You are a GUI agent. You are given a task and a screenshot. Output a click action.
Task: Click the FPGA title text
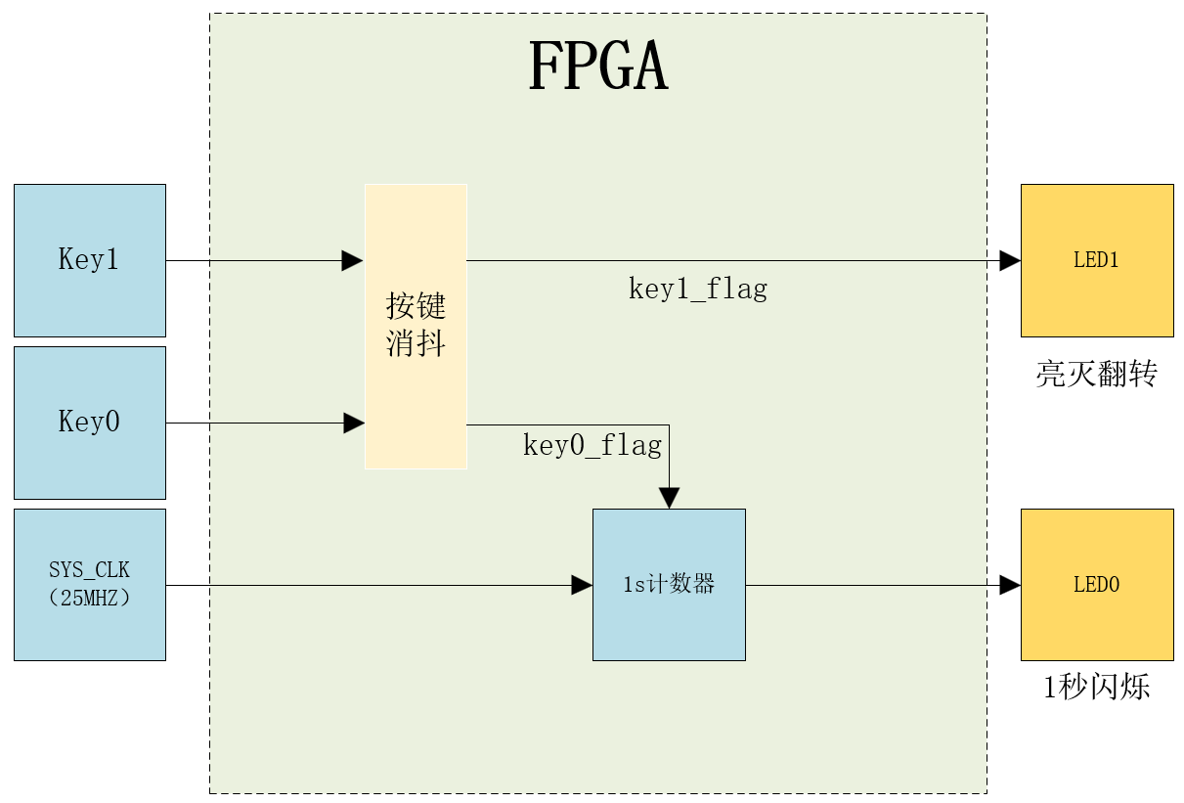(x=597, y=67)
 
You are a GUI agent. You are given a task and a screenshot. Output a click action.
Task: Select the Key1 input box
(x=90, y=260)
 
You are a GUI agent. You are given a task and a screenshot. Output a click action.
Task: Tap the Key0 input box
(x=90, y=423)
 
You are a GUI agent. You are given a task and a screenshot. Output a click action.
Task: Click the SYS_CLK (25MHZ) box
(x=90, y=584)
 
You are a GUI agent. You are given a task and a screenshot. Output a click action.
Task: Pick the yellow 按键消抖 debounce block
(x=416, y=326)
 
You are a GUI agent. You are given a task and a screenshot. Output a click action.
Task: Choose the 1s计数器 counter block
(x=669, y=585)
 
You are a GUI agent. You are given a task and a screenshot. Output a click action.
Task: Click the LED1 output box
(x=1097, y=260)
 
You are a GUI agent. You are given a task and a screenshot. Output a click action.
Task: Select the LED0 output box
(x=1097, y=585)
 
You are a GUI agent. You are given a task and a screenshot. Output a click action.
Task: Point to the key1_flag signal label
(x=697, y=289)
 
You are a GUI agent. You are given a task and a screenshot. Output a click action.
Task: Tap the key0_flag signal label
(x=592, y=446)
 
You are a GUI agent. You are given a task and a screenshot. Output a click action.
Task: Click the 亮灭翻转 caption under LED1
(x=1097, y=374)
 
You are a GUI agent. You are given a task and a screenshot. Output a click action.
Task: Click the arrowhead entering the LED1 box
(x=1010, y=261)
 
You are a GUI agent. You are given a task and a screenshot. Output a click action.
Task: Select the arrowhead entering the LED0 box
(x=1010, y=585)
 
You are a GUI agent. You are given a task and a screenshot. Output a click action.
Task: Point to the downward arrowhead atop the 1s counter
(x=669, y=498)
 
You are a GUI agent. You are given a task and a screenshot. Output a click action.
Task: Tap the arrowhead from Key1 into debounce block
(x=352, y=260)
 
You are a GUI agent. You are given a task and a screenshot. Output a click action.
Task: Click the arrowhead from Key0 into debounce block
(x=353, y=424)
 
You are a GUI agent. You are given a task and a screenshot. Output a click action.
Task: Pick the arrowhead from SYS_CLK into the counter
(x=582, y=585)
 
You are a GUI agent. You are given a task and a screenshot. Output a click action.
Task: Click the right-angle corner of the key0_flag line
(x=669, y=425)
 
